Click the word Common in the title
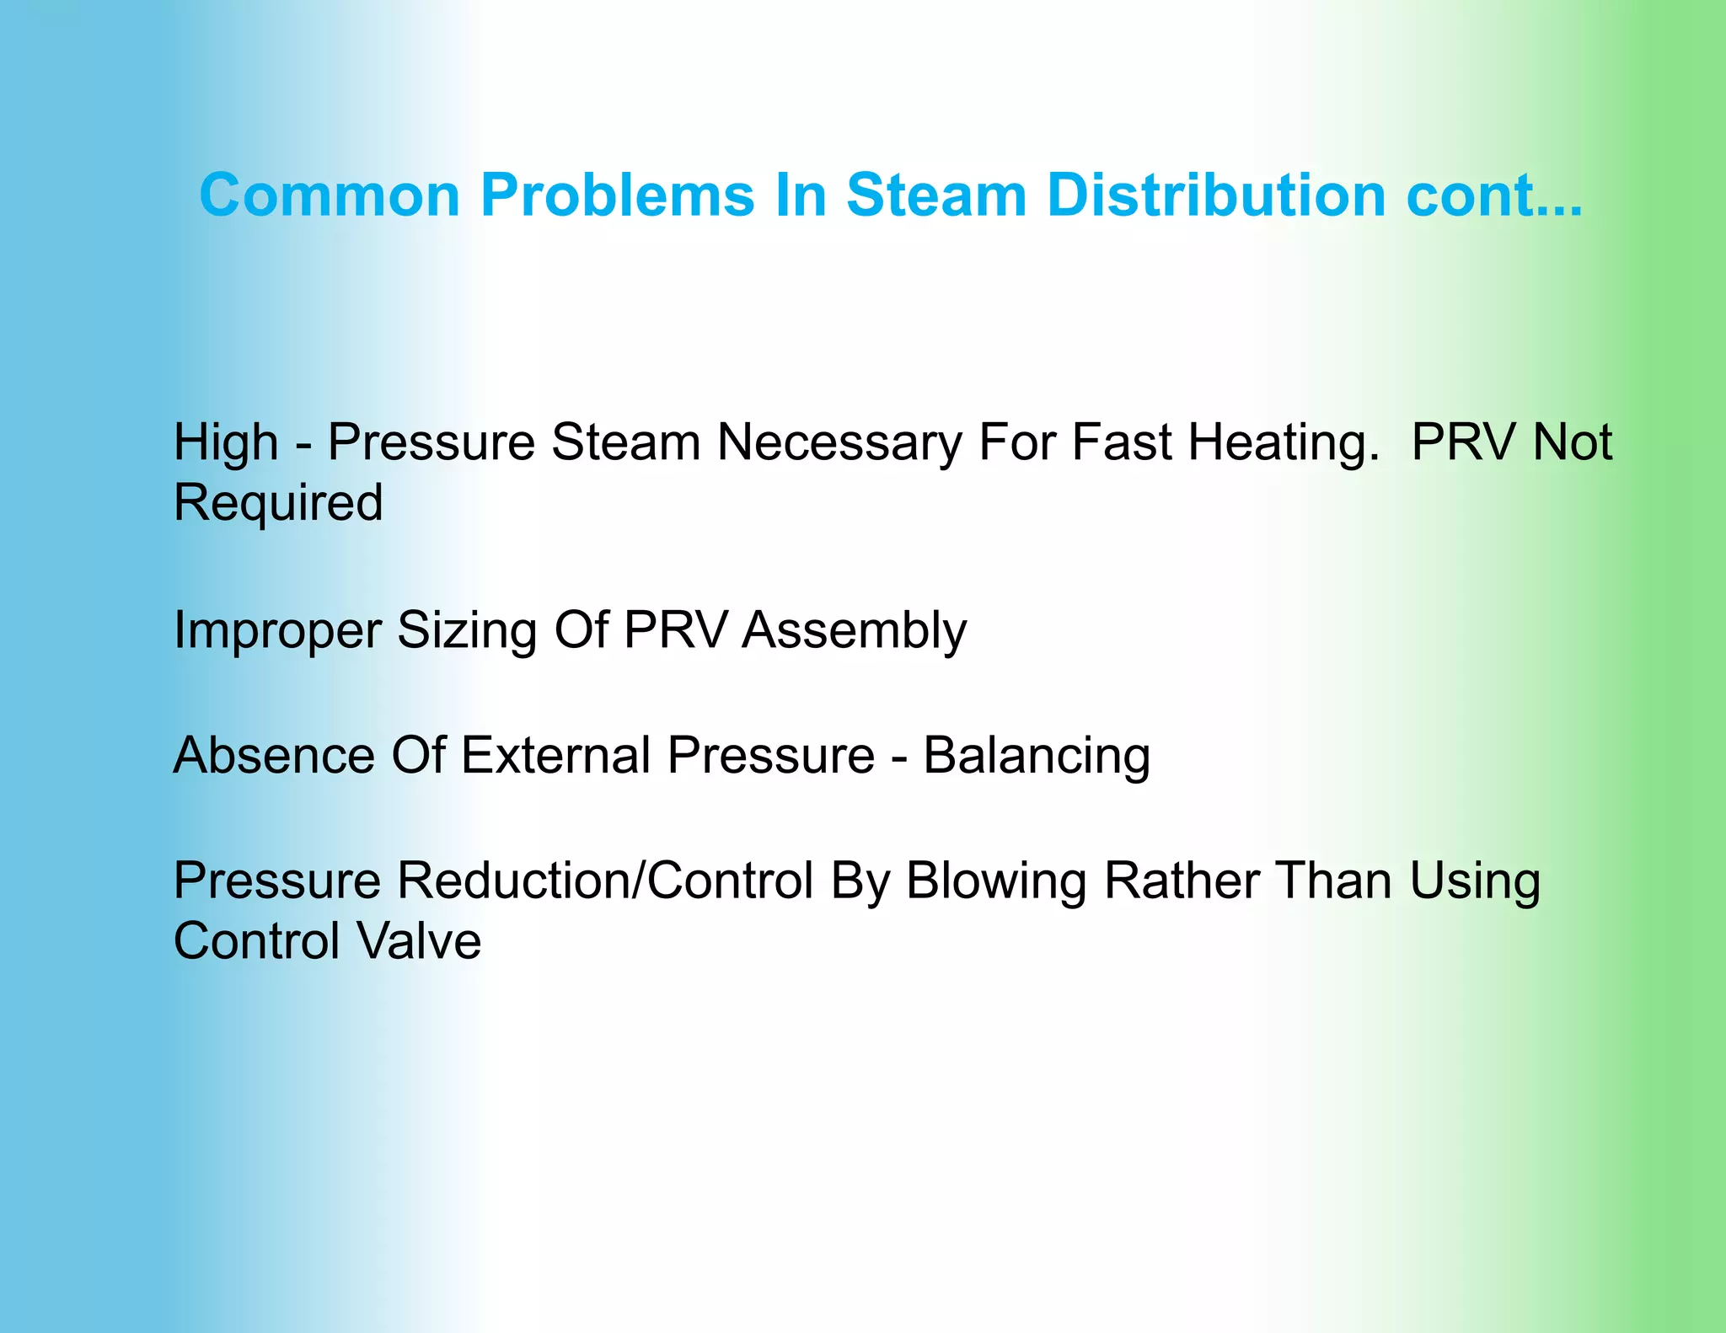point(330,195)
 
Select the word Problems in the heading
point(617,195)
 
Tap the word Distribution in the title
point(1217,195)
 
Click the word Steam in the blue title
point(935,195)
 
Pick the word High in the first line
point(225,442)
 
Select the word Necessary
point(839,442)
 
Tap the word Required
point(278,503)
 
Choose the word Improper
point(278,631)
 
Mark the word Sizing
point(467,631)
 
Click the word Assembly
point(854,631)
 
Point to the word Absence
point(274,755)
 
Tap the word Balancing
point(1037,757)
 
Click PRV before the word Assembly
point(675,630)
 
